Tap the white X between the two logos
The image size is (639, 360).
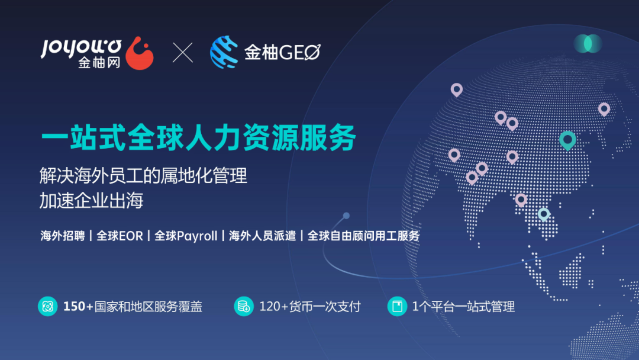click(x=183, y=53)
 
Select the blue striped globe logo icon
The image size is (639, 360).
click(x=224, y=52)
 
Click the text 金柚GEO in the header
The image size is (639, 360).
click(x=282, y=53)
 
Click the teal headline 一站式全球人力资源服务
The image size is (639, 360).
click(x=199, y=138)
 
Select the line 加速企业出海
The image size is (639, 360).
click(x=92, y=201)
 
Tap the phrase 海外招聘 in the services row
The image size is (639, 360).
click(x=62, y=236)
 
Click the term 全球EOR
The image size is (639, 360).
click(x=120, y=236)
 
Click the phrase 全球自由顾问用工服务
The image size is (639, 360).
click(x=364, y=236)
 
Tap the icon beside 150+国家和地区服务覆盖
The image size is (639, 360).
click(x=47, y=306)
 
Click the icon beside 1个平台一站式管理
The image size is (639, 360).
click(x=397, y=306)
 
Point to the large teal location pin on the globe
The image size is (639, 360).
click(x=567, y=140)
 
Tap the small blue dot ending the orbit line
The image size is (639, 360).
click(x=346, y=216)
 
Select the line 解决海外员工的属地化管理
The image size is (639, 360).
click(x=143, y=176)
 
